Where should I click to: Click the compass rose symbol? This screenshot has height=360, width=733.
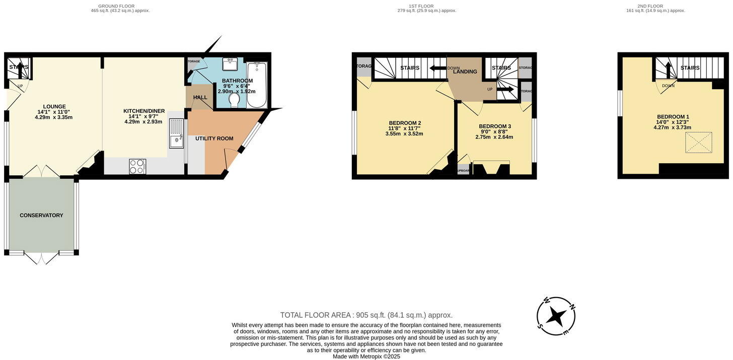(x=556, y=316)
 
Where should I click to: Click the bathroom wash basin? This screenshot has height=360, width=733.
(x=230, y=65)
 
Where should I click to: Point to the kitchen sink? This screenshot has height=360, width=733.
(x=176, y=133)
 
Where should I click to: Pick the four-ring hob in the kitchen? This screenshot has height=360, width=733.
(x=137, y=166)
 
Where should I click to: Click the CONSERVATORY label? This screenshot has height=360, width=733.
(x=41, y=215)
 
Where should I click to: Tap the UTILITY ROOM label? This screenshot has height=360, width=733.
(x=214, y=138)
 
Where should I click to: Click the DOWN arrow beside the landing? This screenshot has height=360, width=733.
(x=438, y=68)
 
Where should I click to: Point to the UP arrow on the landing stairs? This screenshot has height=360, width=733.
(x=505, y=90)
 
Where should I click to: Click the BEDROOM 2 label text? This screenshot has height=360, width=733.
(x=405, y=123)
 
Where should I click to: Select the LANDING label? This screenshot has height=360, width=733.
(x=465, y=71)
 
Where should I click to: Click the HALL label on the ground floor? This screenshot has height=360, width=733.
(x=200, y=98)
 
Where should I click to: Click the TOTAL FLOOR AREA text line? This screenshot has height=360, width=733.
(x=366, y=315)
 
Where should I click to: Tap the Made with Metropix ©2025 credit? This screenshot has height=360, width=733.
(x=366, y=356)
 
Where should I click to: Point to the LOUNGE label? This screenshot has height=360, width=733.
(x=54, y=106)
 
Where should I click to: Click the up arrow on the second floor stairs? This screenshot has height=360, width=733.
(x=668, y=68)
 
